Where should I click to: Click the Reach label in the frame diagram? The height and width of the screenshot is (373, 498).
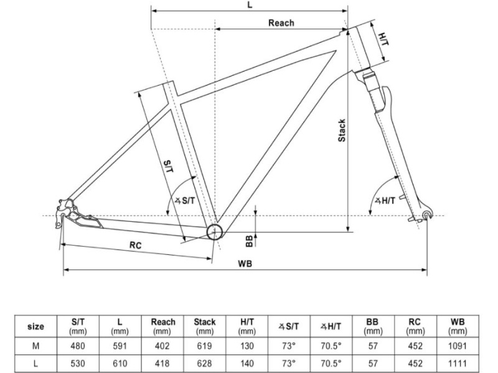point(281,23)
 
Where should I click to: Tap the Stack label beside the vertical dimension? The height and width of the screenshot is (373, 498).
point(342,130)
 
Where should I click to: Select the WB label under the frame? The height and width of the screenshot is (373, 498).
point(245,263)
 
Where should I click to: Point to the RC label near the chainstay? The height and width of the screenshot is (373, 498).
point(136,246)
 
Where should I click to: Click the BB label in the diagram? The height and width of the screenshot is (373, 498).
point(248,239)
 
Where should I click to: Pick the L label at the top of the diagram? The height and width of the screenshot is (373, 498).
point(250,5)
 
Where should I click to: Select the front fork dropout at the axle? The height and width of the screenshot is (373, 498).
point(426,215)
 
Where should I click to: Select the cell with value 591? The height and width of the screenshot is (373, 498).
point(120,346)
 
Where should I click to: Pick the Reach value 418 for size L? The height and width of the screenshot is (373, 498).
point(162,363)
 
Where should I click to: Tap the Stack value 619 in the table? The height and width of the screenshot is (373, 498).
point(204,346)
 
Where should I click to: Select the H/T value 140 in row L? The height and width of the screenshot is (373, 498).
point(247,363)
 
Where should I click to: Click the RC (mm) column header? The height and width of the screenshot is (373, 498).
point(415,326)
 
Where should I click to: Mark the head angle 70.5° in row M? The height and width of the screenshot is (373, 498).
point(331,346)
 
